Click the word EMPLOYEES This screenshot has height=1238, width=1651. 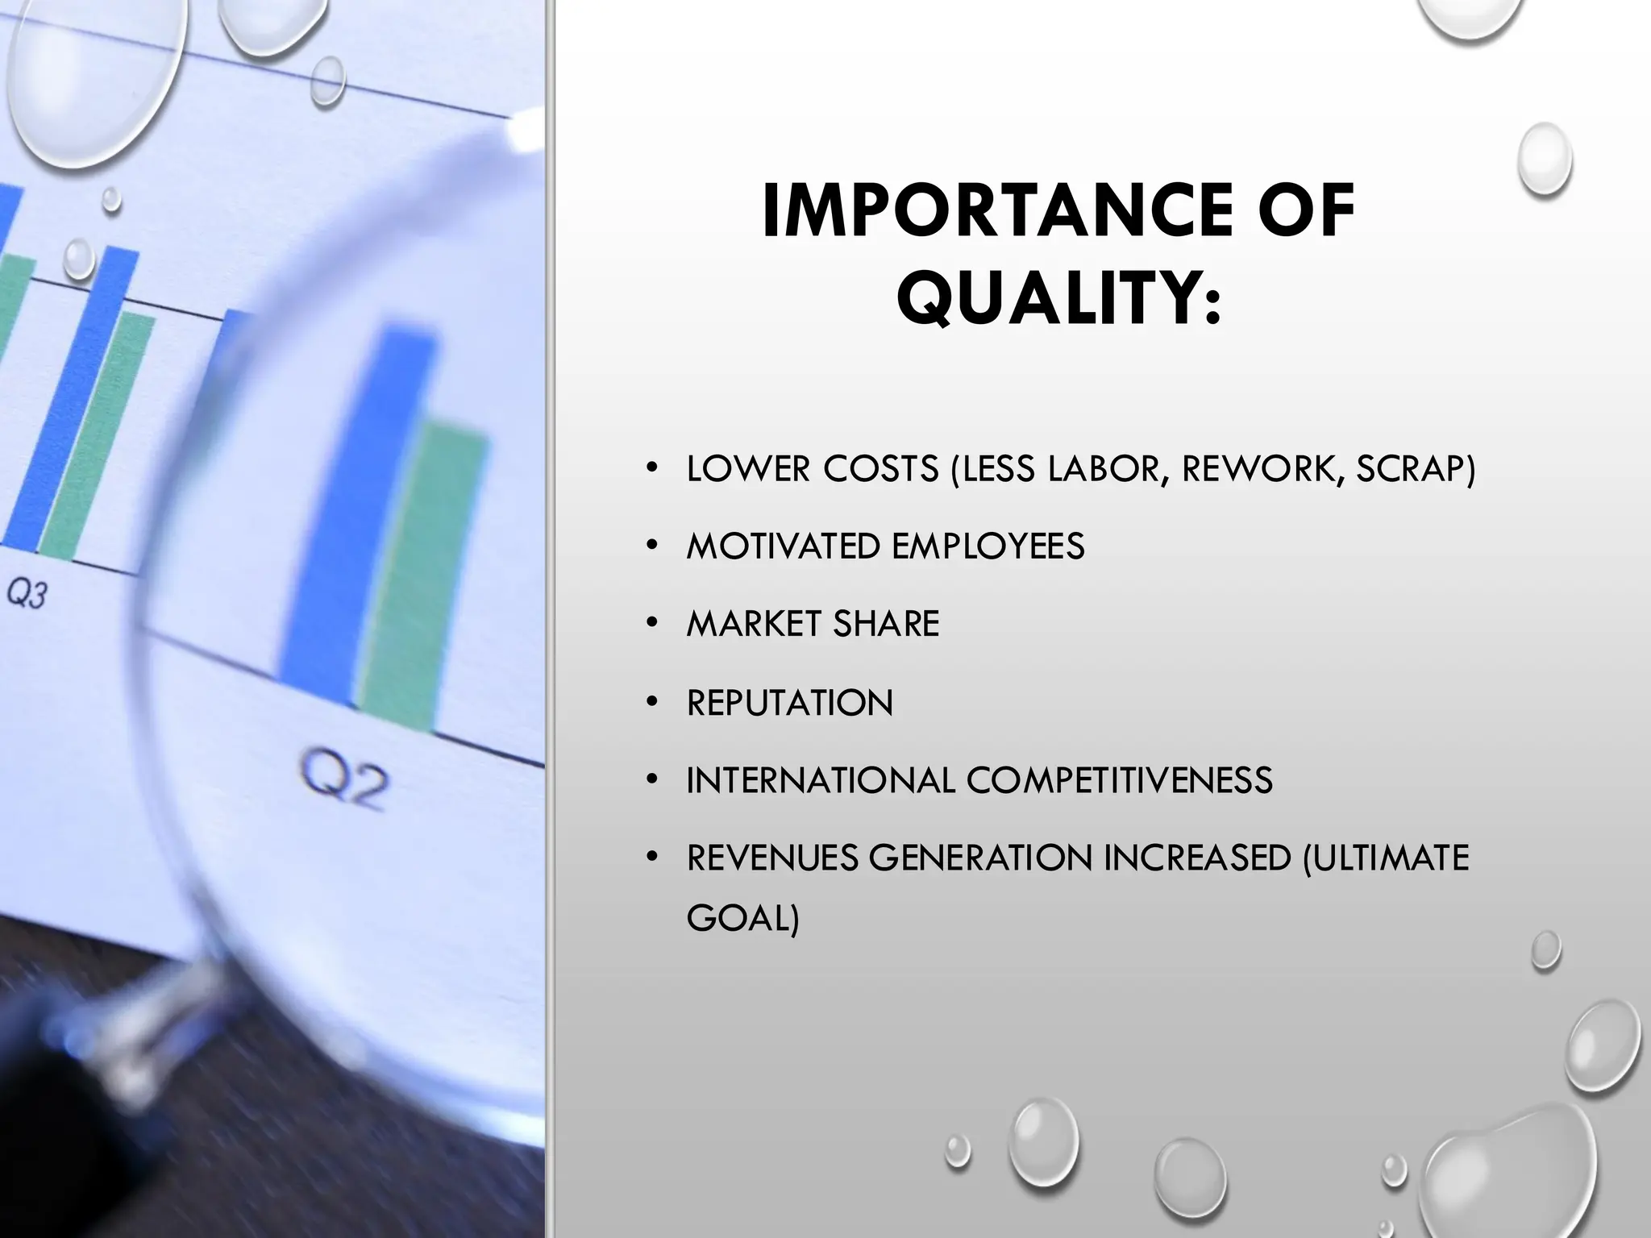(988, 546)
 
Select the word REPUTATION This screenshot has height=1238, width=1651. (790, 703)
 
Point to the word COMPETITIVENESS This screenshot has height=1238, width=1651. (1119, 780)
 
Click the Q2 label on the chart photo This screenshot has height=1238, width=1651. (344, 779)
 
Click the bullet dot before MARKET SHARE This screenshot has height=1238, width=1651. (652, 623)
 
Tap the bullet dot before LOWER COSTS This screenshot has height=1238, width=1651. (652, 468)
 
